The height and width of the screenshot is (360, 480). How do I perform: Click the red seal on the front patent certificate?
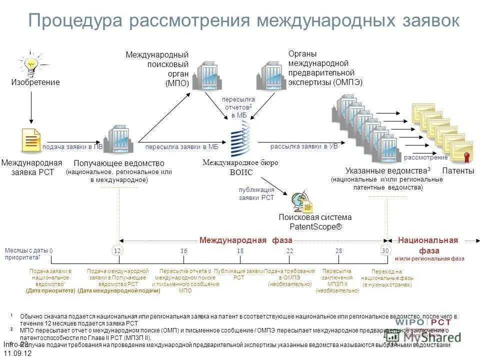tap(466, 157)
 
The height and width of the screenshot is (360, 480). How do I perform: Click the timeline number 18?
tap(240, 250)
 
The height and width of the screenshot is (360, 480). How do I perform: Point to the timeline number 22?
tap(289, 250)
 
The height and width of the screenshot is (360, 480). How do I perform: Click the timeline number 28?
tap(339, 250)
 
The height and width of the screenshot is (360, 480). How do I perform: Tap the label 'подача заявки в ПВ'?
tap(72, 147)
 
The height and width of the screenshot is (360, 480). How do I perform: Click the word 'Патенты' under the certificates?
tap(458, 171)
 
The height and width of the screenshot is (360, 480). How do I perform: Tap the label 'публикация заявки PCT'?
tap(256, 193)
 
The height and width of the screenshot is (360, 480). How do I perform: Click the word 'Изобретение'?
tap(35, 82)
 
